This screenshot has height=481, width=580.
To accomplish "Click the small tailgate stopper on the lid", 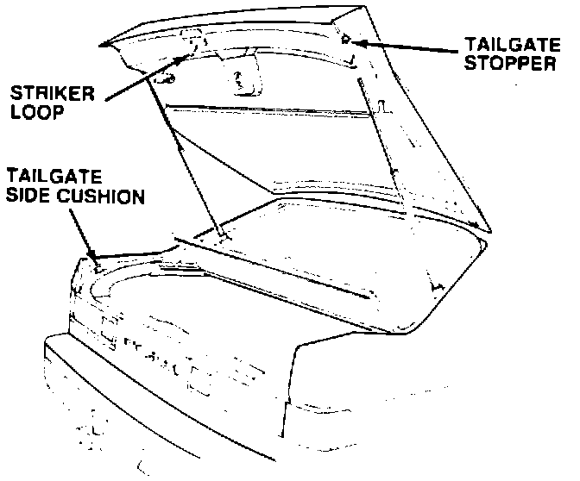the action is click(x=345, y=39).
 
